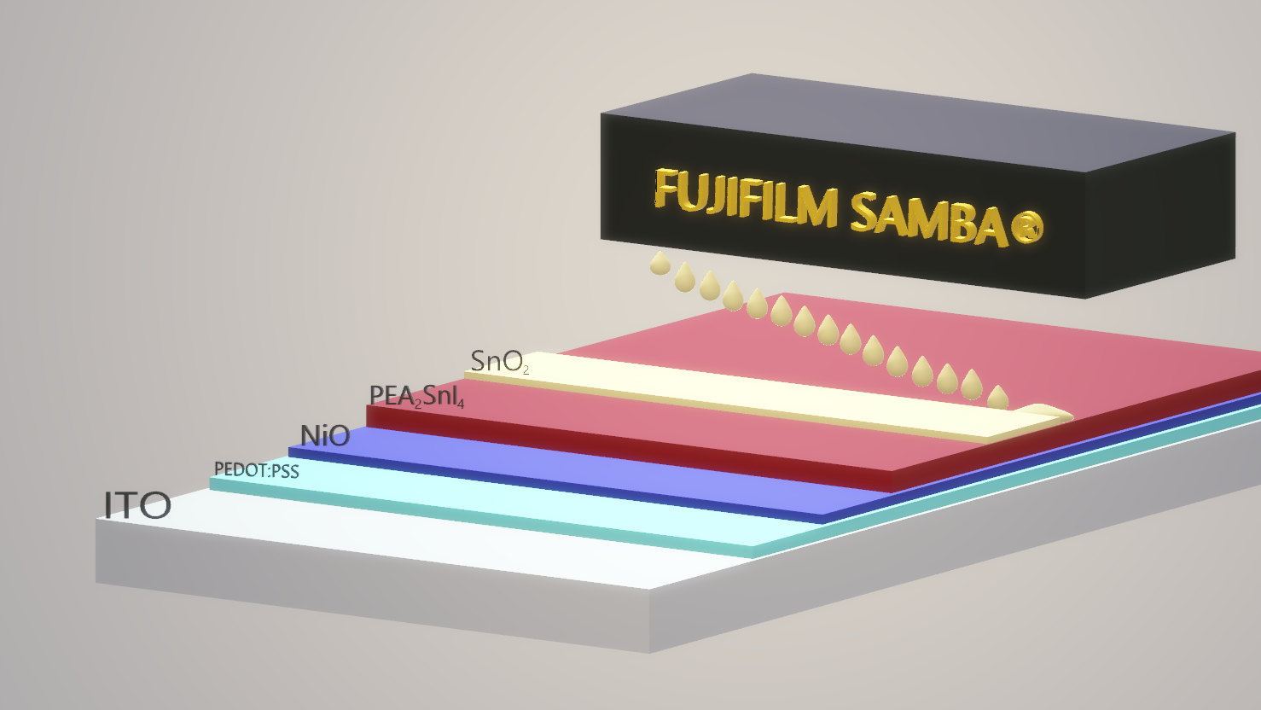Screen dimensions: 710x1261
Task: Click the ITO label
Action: coord(137,505)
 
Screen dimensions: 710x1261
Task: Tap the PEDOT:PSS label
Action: coord(256,470)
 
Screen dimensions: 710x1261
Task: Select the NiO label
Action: coord(325,436)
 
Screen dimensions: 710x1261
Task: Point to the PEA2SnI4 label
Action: coord(416,396)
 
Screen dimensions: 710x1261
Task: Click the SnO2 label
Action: coord(500,362)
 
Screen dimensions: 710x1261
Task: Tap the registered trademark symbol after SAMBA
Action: coord(1026,227)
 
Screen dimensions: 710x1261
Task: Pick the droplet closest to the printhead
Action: coord(660,263)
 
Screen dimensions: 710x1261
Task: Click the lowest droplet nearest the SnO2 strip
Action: coord(997,398)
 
